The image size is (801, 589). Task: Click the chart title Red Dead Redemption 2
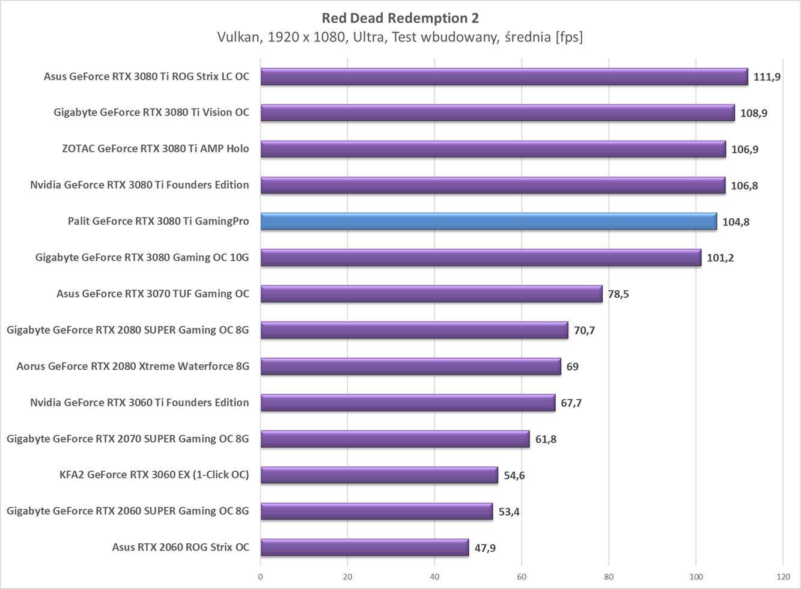[x=400, y=18]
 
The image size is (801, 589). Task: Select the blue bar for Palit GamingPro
[x=488, y=221]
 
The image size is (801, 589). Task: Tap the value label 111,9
[x=767, y=77]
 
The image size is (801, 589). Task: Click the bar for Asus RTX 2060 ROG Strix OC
[x=364, y=548]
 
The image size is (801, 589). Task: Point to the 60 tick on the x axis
[x=522, y=576]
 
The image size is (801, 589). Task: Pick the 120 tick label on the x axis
[x=782, y=576]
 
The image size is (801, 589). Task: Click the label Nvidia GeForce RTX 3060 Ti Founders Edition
[x=139, y=402]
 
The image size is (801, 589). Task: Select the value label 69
[x=572, y=367]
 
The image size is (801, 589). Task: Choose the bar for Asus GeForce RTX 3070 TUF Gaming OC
[x=431, y=294]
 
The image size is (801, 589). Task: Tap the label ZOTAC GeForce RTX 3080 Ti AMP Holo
[x=155, y=148]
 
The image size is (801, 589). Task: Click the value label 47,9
[x=485, y=548]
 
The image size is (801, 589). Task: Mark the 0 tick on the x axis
[x=260, y=576]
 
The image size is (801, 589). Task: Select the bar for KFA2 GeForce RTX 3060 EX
[x=379, y=475]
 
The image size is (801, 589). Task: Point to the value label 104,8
[x=736, y=222]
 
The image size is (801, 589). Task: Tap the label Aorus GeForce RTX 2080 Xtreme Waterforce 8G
[x=133, y=366]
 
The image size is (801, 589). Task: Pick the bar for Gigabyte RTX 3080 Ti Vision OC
[x=497, y=112]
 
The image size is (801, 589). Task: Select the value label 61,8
[x=546, y=439]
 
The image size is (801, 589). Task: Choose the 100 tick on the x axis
[x=695, y=576]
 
